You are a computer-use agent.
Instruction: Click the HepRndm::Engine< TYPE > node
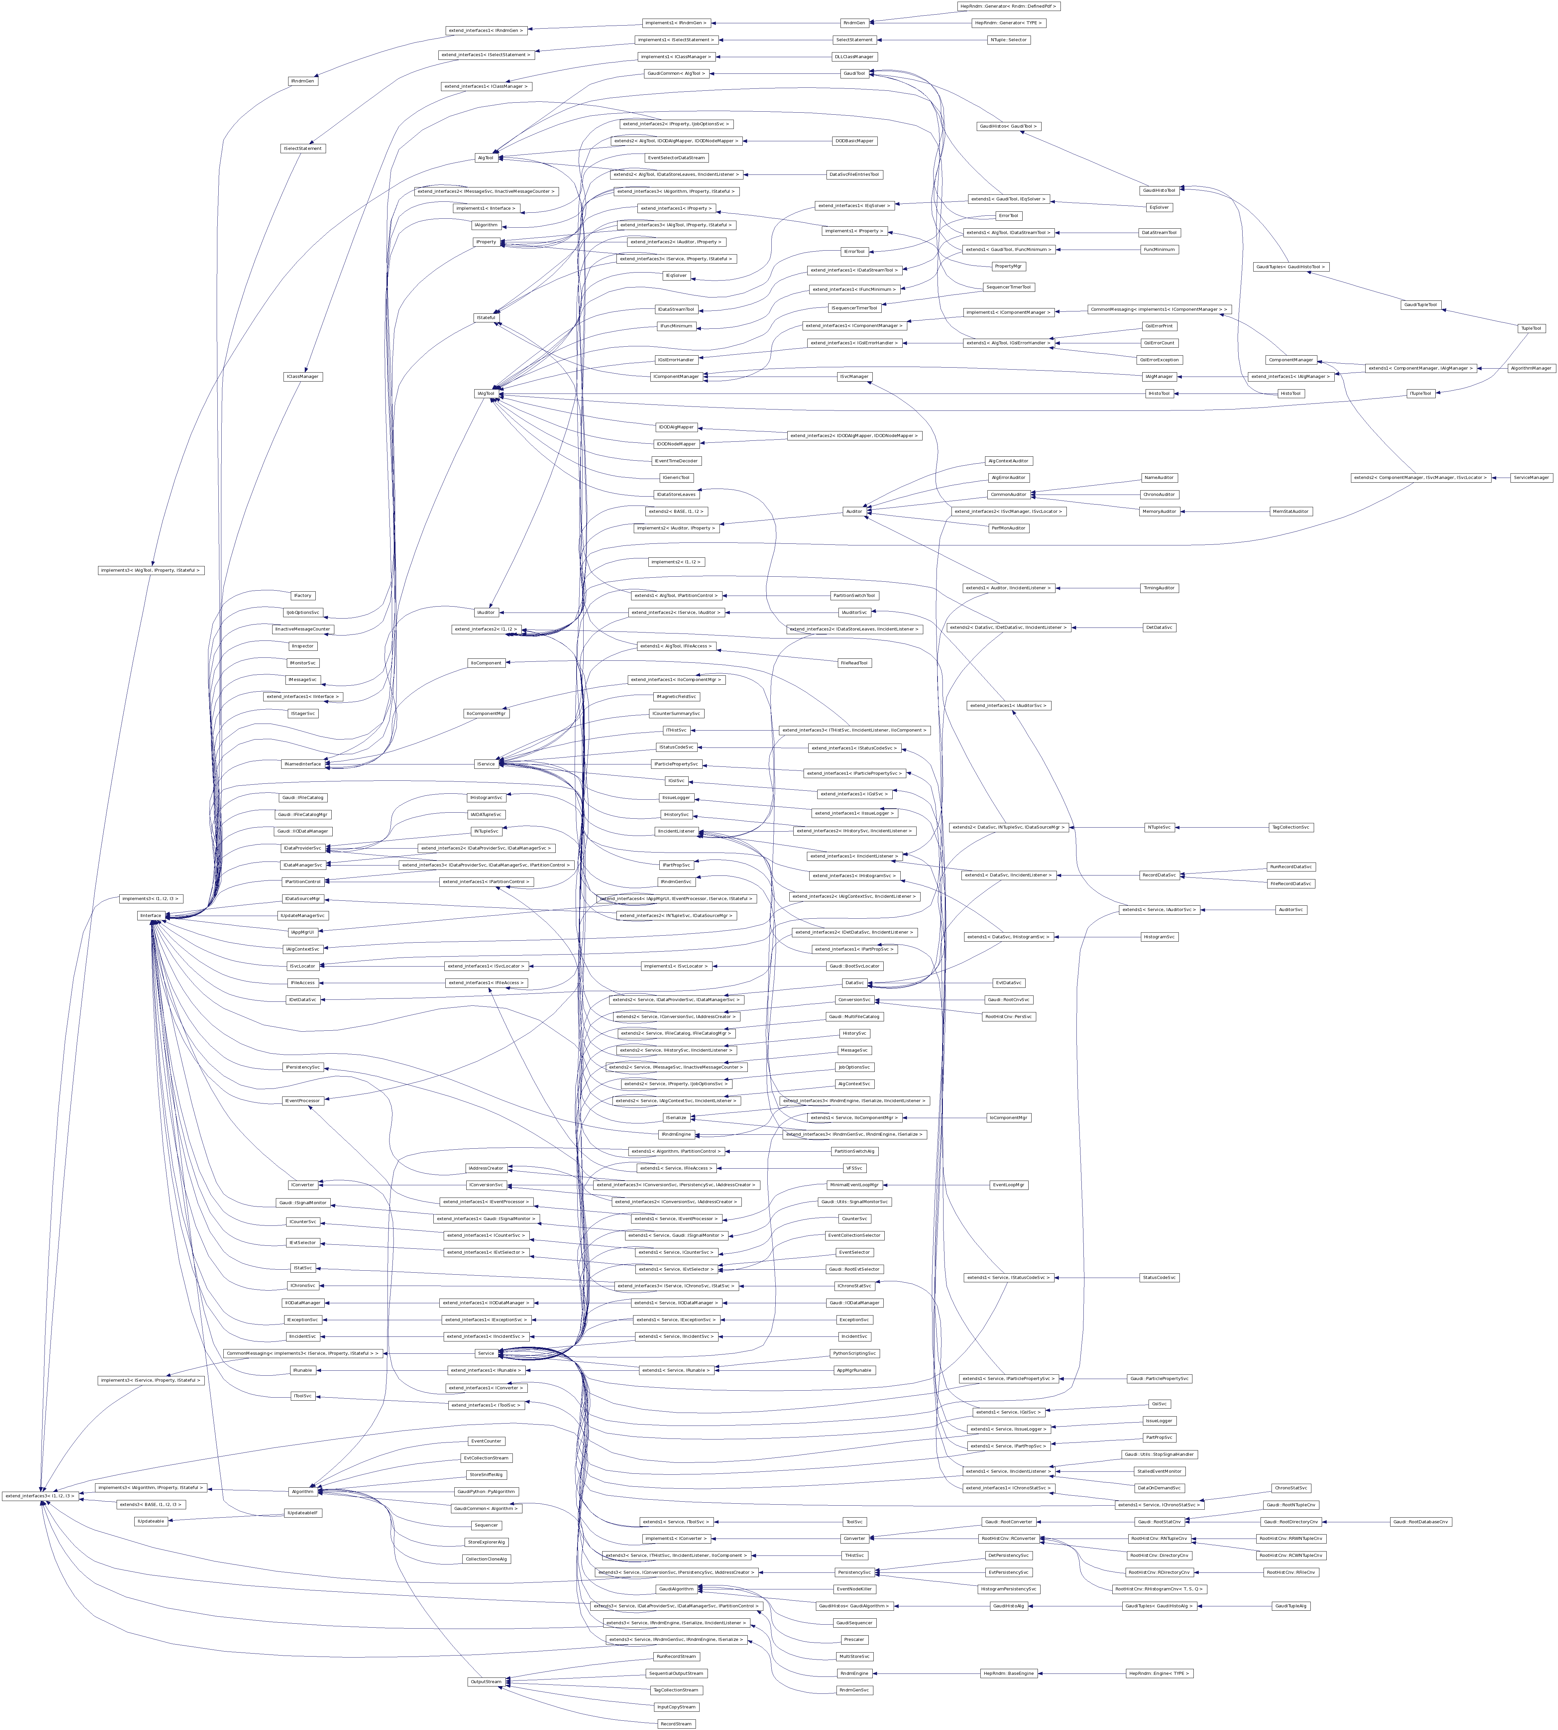coord(1159,1672)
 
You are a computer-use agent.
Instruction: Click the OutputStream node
coord(485,1681)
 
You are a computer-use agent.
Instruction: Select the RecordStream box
coord(675,1723)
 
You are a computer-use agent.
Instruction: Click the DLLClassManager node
coord(853,57)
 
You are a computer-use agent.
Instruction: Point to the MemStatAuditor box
coord(1290,511)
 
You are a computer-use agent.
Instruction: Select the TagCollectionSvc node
coord(1290,827)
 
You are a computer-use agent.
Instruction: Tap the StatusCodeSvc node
coord(1159,1277)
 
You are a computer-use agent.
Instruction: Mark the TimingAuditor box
coord(1159,588)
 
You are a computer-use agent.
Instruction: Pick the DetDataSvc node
coord(1159,628)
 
